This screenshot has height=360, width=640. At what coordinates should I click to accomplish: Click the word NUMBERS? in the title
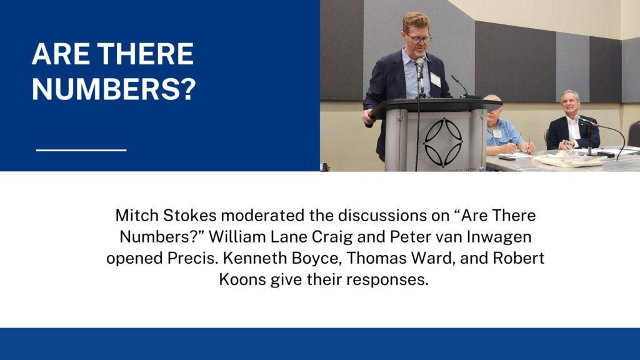pyautogui.click(x=114, y=89)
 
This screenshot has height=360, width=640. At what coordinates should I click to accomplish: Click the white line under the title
pyautogui.click(x=81, y=150)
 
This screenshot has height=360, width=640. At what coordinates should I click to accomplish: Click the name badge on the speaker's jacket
pyautogui.click(x=435, y=79)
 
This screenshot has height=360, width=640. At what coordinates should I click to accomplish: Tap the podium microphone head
pyautogui.click(x=419, y=64)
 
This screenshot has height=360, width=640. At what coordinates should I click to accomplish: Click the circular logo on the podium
pyautogui.click(x=443, y=142)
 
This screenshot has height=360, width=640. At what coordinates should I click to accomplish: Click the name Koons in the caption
pyautogui.click(x=242, y=280)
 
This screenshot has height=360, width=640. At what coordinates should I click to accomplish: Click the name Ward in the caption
pyautogui.click(x=432, y=259)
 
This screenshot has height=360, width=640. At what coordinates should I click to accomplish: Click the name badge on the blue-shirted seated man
pyautogui.click(x=497, y=134)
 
